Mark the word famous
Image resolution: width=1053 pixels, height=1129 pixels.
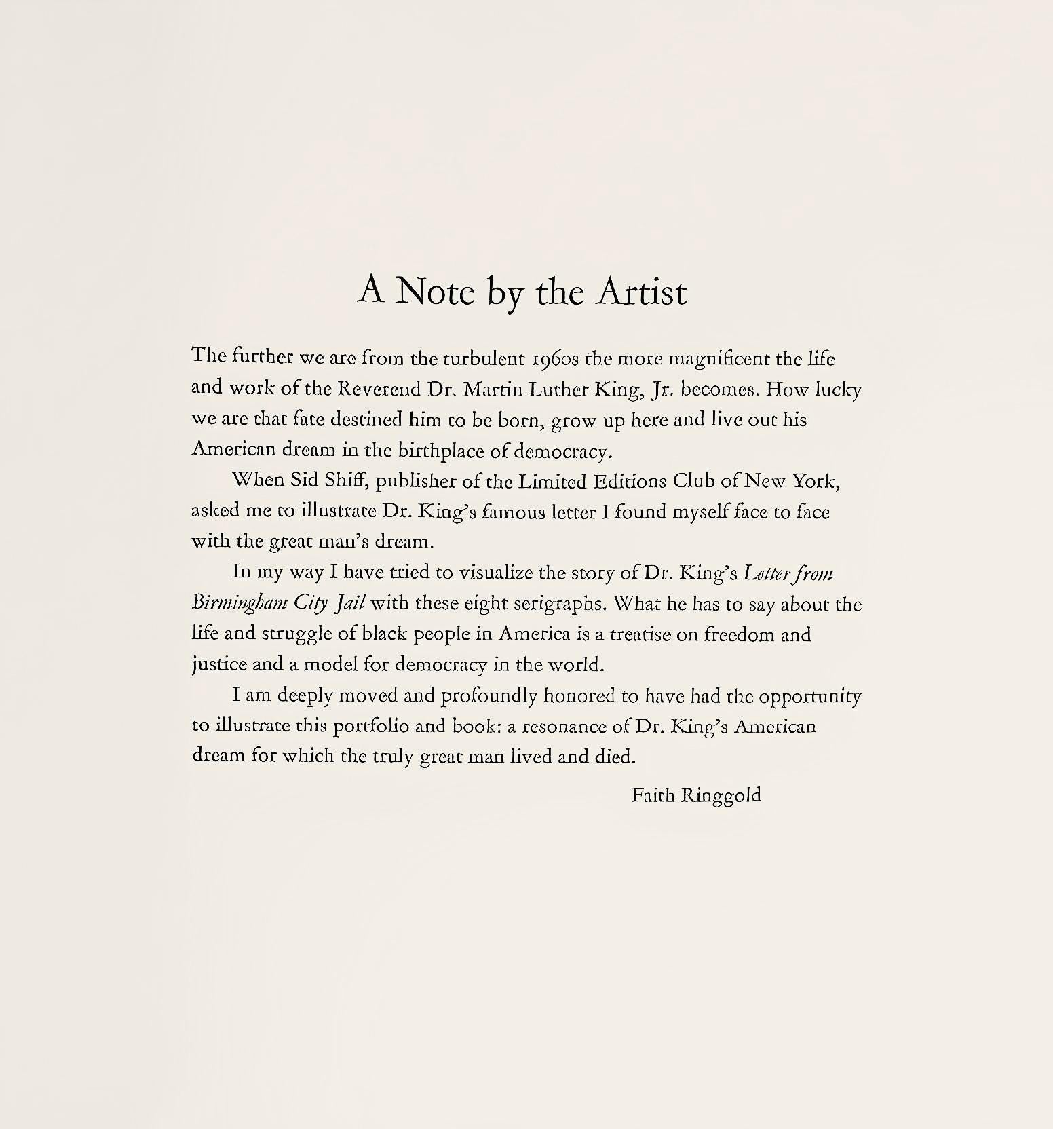click(x=503, y=512)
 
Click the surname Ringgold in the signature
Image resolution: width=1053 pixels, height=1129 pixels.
click(x=721, y=795)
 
